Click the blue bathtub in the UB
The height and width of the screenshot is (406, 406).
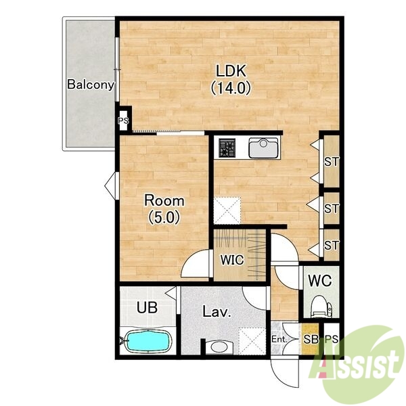coord(148,341)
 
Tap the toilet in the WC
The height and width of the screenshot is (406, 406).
coord(321,307)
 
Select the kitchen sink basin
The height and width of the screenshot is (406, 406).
coord(264,148)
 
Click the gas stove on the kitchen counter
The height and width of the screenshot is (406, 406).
coord(227,148)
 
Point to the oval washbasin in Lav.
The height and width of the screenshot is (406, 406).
coord(219,347)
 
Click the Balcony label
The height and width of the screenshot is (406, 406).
coord(91,85)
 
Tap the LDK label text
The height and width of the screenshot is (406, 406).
coord(231,71)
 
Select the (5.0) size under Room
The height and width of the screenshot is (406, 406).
coord(164,217)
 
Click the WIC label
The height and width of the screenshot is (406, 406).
coord(232,260)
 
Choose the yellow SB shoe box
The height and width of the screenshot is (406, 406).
coord(310,339)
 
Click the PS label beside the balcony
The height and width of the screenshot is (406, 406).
coord(123,120)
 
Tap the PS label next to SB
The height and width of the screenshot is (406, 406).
coord(332,339)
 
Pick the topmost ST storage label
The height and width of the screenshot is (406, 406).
coord(332,162)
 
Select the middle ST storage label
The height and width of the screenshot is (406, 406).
coord(332,208)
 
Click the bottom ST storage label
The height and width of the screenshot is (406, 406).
coord(332,246)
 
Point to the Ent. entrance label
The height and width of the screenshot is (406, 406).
coord(279,339)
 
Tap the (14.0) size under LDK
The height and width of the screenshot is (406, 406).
coord(231,87)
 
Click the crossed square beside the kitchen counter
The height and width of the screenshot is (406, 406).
coord(227,210)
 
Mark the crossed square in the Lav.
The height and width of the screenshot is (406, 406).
coord(252,341)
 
